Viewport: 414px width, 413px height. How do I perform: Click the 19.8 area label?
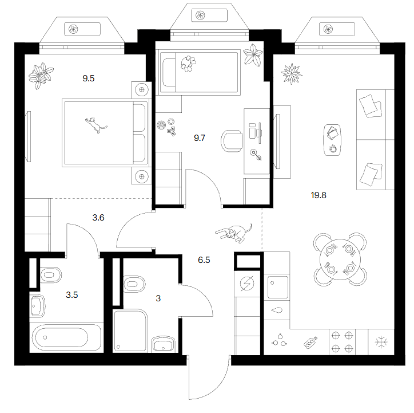click(319, 195)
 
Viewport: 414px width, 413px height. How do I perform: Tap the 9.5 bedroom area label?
click(89, 78)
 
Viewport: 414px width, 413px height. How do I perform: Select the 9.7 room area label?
click(200, 137)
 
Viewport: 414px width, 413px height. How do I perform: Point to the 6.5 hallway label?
click(204, 260)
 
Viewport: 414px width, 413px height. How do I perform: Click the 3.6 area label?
click(98, 218)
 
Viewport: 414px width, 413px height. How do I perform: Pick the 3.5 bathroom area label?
click(72, 295)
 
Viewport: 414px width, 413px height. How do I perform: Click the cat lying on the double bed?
click(95, 125)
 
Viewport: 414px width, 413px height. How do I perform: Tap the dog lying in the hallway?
click(234, 233)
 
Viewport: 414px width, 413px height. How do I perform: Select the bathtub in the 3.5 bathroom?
click(66, 337)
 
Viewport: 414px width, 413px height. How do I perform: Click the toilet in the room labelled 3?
click(134, 284)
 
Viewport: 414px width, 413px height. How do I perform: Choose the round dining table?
click(340, 259)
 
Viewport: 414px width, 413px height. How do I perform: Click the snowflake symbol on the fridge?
click(381, 342)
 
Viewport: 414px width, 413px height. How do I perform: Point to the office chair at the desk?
click(232, 141)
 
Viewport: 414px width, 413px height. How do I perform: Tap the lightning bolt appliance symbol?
click(247, 283)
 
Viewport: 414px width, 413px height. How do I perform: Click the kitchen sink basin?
click(278, 287)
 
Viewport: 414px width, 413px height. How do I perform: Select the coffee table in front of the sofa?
click(332, 140)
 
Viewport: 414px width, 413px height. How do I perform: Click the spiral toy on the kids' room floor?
click(161, 125)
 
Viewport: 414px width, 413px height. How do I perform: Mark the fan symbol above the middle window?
click(200, 15)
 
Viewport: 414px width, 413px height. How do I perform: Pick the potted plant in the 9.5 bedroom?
click(41, 76)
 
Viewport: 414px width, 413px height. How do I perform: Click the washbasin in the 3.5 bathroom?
click(38, 306)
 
